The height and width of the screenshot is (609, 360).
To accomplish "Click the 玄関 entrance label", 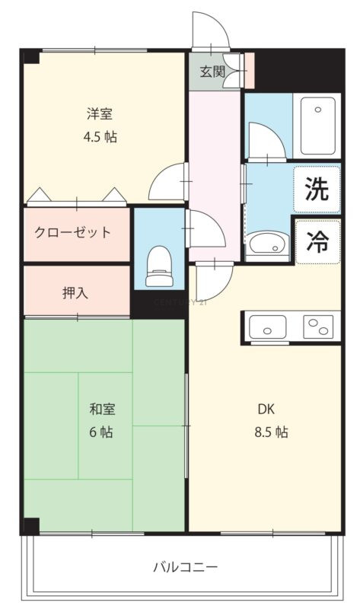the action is (212, 72).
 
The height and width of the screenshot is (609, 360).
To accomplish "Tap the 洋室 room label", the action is (100, 113).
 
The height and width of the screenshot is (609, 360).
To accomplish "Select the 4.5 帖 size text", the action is (100, 137).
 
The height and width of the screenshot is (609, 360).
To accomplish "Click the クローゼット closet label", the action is (72, 232).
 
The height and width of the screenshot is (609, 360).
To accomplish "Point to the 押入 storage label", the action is (75, 293).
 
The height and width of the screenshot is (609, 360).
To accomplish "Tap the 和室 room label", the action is (102, 409).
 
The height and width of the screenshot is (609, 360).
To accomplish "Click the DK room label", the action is (266, 409).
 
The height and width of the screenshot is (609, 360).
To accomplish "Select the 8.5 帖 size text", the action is (271, 432).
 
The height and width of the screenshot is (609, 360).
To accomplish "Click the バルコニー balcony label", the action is (185, 567).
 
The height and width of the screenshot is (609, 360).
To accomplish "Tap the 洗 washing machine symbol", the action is (317, 189).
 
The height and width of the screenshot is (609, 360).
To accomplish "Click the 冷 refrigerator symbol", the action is (317, 241).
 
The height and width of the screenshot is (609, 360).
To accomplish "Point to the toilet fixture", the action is (159, 266).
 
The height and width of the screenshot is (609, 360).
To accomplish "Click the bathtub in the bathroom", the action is (317, 126).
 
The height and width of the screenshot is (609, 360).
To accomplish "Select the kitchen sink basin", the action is (268, 327).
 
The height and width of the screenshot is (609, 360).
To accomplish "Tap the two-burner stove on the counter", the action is (318, 327).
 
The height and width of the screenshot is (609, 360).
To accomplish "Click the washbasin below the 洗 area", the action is (268, 244).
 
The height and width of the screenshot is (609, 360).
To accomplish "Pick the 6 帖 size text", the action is (101, 432).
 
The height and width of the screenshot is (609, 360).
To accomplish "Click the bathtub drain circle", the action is (318, 110).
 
